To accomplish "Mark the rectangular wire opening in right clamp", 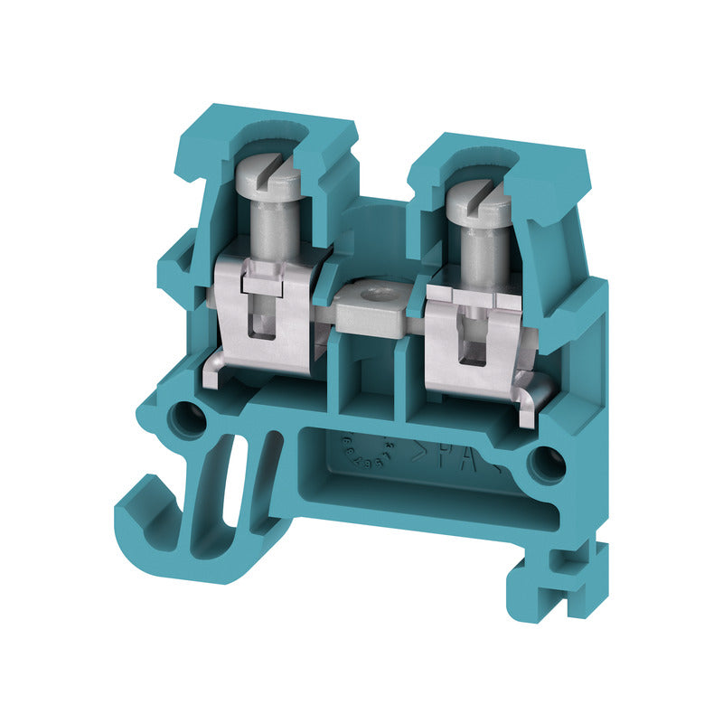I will [x=471, y=349].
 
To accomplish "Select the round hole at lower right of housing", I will [x=546, y=465].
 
